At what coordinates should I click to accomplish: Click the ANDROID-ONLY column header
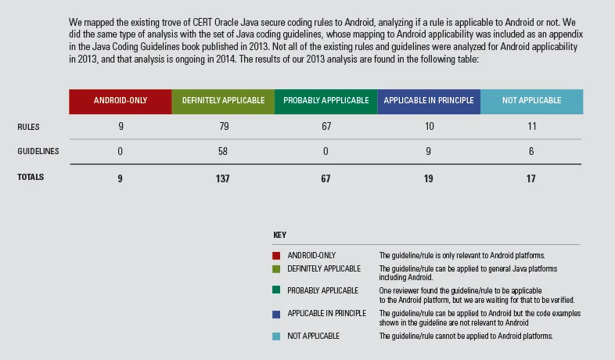click(x=120, y=101)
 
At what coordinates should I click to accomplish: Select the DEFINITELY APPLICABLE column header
click(x=222, y=101)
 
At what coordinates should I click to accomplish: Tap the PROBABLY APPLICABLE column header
click(x=325, y=101)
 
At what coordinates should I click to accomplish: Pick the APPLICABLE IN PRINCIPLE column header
click(x=428, y=101)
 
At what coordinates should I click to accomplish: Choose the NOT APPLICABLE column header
click(x=531, y=101)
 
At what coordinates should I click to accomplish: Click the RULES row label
click(x=28, y=126)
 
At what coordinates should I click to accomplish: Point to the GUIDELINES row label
click(x=38, y=151)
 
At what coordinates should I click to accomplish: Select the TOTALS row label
click(x=31, y=178)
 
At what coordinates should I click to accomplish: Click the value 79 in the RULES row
click(x=222, y=126)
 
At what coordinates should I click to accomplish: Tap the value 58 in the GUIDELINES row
click(x=222, y=151)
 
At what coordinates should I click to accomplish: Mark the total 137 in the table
click(x=222, y=178)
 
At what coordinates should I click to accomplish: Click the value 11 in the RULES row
click(x=531, y=126)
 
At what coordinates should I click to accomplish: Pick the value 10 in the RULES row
click(x=428, y=126)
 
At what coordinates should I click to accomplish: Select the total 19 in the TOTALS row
click(x=428, y=178)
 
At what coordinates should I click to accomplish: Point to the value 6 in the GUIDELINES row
click(x=531, y=151)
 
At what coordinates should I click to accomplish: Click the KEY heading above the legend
click(x=279, y=236)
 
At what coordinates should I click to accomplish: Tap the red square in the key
click(x=276, y=256)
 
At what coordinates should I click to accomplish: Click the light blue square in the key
click(x=276, y=337)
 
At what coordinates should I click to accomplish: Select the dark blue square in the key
click(x=276, y=313)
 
